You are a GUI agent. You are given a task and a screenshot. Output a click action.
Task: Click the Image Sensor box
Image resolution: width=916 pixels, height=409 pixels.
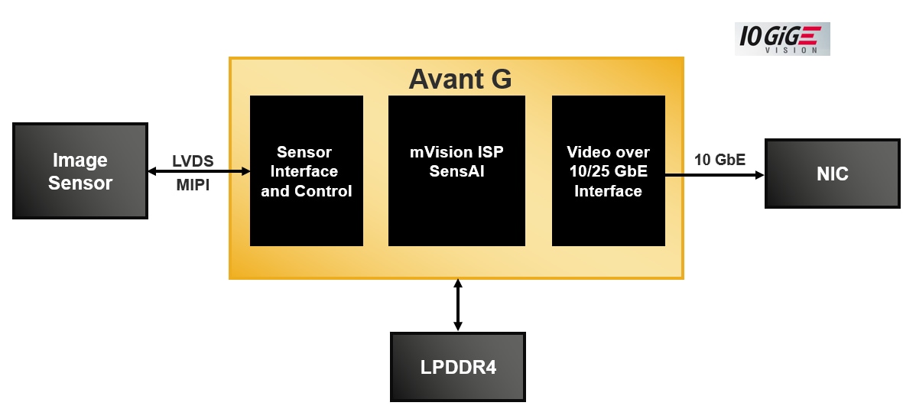(x=80, y=171)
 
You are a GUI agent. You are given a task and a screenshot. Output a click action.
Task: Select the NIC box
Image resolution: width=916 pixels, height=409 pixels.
(x=832, y=174)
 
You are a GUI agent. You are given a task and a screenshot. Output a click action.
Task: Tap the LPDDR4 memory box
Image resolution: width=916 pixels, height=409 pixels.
(x=458, y=367)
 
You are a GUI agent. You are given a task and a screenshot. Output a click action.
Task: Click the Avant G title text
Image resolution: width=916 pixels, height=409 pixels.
(x=460, y=79)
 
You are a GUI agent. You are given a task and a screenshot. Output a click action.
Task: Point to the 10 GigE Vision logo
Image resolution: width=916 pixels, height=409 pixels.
(x=781, y=38)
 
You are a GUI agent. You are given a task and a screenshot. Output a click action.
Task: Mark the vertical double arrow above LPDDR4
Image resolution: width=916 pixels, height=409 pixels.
(x=458, y=304)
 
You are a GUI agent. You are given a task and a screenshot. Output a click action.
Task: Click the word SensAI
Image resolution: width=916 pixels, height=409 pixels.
(x=457, y=171)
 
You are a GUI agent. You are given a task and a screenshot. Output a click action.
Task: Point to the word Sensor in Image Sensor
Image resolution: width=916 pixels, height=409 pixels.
(x=80, y=183)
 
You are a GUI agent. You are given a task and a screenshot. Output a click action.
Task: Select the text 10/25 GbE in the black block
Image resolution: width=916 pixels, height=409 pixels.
(x=609, y=171)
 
